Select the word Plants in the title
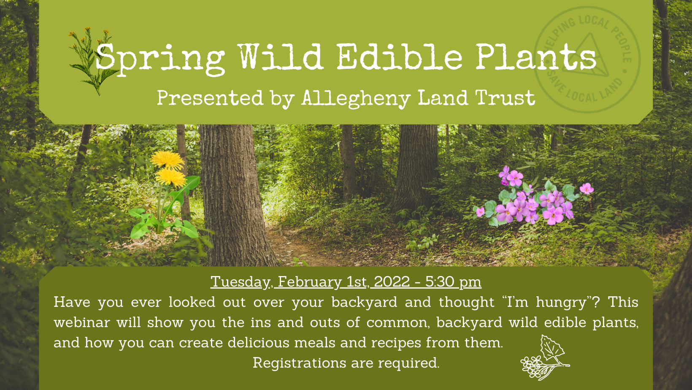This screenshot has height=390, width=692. [536, 57]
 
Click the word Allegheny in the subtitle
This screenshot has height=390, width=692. [356, 99]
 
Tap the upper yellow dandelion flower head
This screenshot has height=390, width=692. [167, 160]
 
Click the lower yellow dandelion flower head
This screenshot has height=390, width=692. [170, 178]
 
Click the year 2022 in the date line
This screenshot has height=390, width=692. [392, 282]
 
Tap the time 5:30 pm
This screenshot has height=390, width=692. [453, 282]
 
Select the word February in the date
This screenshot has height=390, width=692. [310, 282]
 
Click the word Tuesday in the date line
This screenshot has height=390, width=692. [241, 282]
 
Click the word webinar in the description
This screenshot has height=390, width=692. [82, 322]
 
